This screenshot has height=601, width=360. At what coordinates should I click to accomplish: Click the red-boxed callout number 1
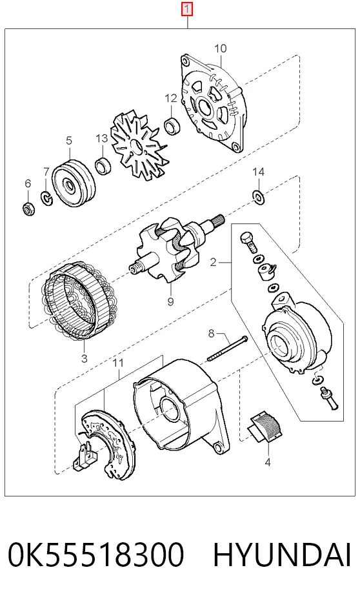(x=187, y=9)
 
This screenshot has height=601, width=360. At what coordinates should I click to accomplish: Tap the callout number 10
(x=220, y=48)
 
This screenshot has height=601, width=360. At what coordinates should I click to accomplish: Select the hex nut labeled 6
(x=28, y=209)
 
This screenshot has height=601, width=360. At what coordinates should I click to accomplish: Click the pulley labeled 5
(x=72, y=183)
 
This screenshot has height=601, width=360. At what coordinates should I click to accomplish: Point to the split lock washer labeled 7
(x=46, y=198)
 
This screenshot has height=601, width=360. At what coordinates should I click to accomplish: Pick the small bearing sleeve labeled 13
(x=103, y=165)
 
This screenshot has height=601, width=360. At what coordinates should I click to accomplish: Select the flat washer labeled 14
(x=258, y=197)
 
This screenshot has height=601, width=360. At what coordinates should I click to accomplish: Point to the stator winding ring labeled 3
(x=79, y=301)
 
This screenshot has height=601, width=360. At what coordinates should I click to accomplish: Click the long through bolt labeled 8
(x=228, y=349)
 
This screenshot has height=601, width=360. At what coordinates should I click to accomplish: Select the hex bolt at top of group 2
(x=248, y=243)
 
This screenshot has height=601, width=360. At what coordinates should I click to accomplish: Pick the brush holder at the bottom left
(x=86, y=456)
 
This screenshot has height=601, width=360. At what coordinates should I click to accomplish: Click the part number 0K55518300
(x=96, y=555)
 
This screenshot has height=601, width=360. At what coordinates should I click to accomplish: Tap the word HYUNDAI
(x=282, y=555)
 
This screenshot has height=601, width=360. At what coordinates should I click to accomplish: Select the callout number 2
(x=214, y=262)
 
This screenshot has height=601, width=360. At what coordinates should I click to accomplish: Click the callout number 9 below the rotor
(x=170, y=302)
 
